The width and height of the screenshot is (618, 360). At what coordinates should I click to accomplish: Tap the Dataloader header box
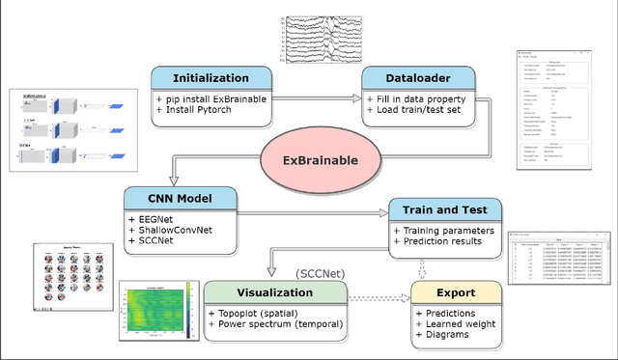[418, 78]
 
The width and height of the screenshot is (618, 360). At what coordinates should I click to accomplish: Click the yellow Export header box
[457, 291]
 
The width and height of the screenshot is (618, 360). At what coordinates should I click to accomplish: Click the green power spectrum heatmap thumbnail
[158, 310]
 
